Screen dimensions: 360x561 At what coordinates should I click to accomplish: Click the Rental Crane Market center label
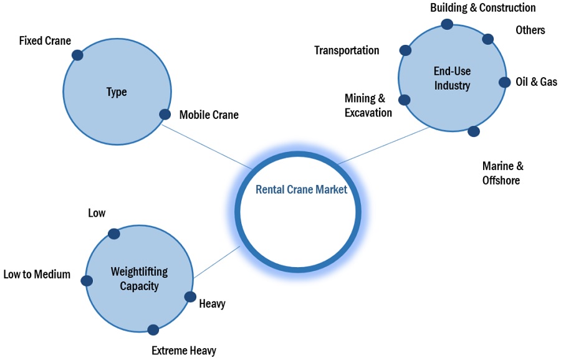click(x=301, y=190)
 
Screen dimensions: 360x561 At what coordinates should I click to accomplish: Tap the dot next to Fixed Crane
click(x=77, y=55)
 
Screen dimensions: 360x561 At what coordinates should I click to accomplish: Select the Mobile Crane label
click(x=209, y=115)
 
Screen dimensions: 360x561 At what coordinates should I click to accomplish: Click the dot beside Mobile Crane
click(x=165, y=114)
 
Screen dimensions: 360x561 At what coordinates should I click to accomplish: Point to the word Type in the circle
click(x=117, y=92)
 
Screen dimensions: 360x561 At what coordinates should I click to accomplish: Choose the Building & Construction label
click(x=482, y=8)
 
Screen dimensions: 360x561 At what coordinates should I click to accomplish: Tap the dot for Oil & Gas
click(x=504, y=82)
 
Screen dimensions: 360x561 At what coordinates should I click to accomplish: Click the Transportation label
click(x=347, y=50)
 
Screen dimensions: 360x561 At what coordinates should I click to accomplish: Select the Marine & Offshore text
click(x=502, y=173)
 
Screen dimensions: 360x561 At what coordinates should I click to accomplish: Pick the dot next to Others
click(x=487, y=39)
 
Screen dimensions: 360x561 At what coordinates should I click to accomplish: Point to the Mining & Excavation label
click(x=368, y=105)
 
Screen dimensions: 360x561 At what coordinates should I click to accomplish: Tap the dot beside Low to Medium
click(x=87, y=281)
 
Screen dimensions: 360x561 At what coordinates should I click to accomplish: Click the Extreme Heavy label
click(x=184, y=351)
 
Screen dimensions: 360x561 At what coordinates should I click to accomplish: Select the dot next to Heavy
click(x=190, y=297)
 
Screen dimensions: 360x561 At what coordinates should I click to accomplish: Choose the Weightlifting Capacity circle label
click(x=139, y=279)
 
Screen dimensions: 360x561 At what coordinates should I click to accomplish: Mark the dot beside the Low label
click(x=113, y=234)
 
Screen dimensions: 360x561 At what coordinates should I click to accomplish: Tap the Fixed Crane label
click(x=45, y=41)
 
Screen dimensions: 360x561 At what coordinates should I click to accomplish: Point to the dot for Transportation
click(x=405, y=50)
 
